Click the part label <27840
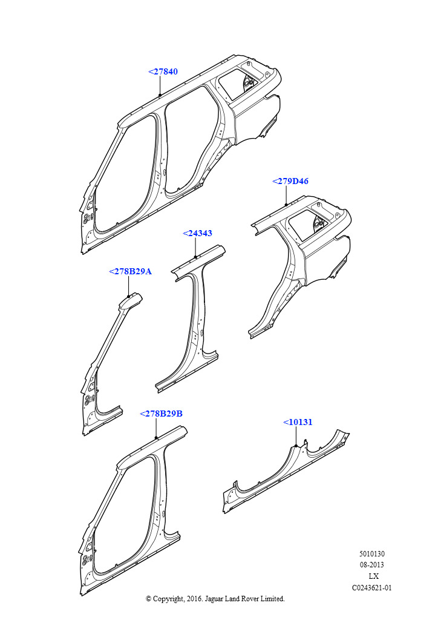pos(163,71)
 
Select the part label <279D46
pos(290,181)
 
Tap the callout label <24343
pos(197,233)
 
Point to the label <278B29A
pos(130,271)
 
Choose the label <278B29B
pos(161,414)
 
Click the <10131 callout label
pos(298,422)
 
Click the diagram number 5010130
pos(371,553)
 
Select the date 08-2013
pos(371,565)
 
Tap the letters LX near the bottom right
pos(373,576)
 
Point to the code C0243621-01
pos(371,587)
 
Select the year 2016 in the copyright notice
pos(194,599)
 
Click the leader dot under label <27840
pos(160,95)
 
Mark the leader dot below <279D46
pos(286,205)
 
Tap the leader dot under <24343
pos(196,257)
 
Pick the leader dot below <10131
pos(296,446)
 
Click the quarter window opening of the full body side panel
pos(237,84)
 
